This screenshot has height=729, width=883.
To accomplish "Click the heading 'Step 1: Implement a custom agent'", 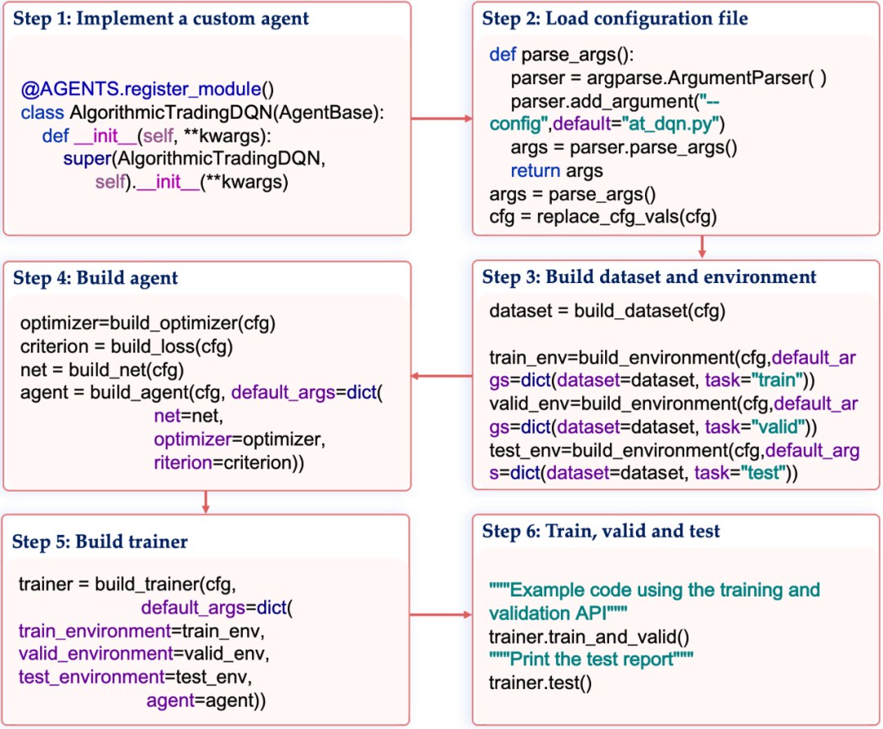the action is click(x=160, y=19).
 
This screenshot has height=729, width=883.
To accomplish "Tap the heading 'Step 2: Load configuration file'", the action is click(x=615, y=19).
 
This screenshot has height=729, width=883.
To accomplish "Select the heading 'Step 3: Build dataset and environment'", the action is click(x=648, y=277).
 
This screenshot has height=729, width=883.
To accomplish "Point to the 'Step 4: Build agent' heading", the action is click(x=95, y=277).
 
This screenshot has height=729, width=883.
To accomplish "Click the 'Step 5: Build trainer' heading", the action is click(x=100, y=542).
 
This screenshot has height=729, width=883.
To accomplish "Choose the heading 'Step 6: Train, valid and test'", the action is click(x=601, y=531).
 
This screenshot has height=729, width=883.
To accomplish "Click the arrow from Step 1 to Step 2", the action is click(x=441, y=119).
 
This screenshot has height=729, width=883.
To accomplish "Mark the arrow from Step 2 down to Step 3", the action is click(x=701, y=246).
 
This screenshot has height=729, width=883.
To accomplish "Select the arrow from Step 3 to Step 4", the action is click(x=441, y=376).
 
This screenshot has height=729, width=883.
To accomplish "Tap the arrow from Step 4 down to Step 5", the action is click(x=205, y=502).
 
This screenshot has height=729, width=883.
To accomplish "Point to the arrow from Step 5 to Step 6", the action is click(x=441, y=614).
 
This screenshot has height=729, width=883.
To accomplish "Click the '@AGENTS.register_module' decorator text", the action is click(x=141, y=89).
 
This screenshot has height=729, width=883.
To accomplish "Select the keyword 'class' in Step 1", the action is click(x=43, y=113).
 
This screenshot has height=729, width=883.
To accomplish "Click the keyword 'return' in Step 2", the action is click(x=535, y=171).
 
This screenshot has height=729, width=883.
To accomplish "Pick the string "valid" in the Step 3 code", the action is click(x=778, y=427).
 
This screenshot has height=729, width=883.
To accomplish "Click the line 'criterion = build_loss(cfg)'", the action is click(x=127, y=346).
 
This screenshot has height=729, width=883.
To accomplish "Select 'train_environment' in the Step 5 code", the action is click(x=95, y=631).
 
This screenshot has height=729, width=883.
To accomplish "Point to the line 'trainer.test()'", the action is click(x=540, y=683).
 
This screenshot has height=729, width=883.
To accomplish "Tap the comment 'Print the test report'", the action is click(x=591, y=659).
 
